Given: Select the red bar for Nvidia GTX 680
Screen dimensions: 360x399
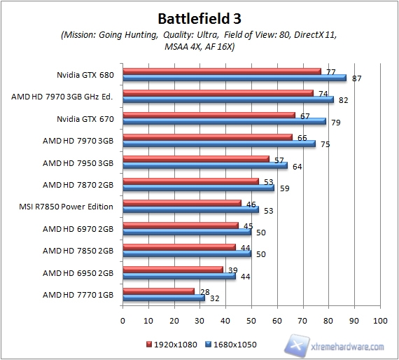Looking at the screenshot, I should tap(222, 71).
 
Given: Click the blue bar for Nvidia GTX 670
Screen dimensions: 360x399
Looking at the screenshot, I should tap(224, 121).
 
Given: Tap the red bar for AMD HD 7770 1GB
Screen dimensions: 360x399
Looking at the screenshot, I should tap(159, 290).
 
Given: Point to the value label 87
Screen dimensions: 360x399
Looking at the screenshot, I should tap(356, 78).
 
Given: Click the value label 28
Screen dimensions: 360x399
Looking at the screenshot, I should tap(204, 290).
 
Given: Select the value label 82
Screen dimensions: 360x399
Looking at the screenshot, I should tap(344, 100).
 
